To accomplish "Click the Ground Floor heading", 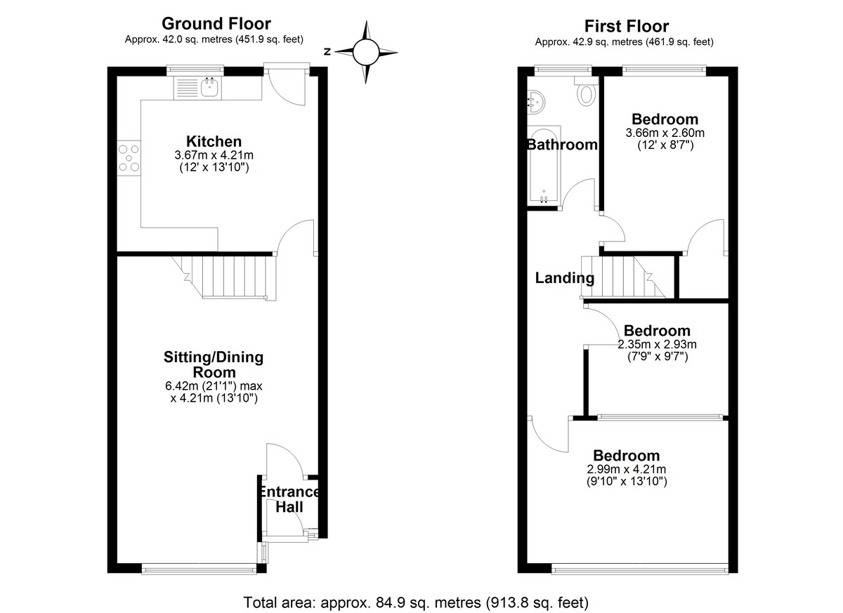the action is (216, 24).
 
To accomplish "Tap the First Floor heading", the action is (627, 26).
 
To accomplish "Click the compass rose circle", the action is (365, 52).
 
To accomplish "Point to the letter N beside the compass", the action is (327, 51).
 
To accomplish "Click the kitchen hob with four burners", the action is (129, 158).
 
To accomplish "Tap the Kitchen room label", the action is (214, 141).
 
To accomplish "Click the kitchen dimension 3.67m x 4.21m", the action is (214, 155).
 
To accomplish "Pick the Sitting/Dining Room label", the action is (214, 364).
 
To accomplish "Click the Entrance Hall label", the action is (289, 499).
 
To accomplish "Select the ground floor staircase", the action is (224, 278).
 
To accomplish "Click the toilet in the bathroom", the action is (586, 91).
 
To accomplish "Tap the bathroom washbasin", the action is (536, 102).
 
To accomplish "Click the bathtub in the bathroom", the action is (544, 166).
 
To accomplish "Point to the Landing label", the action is (565, 278).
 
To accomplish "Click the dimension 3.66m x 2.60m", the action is (665, 133).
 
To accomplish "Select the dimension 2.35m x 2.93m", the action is (657, 344).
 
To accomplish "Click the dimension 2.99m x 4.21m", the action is (627, 469).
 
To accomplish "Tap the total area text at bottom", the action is (416, 602).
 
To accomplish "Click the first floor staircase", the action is (623, 277).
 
